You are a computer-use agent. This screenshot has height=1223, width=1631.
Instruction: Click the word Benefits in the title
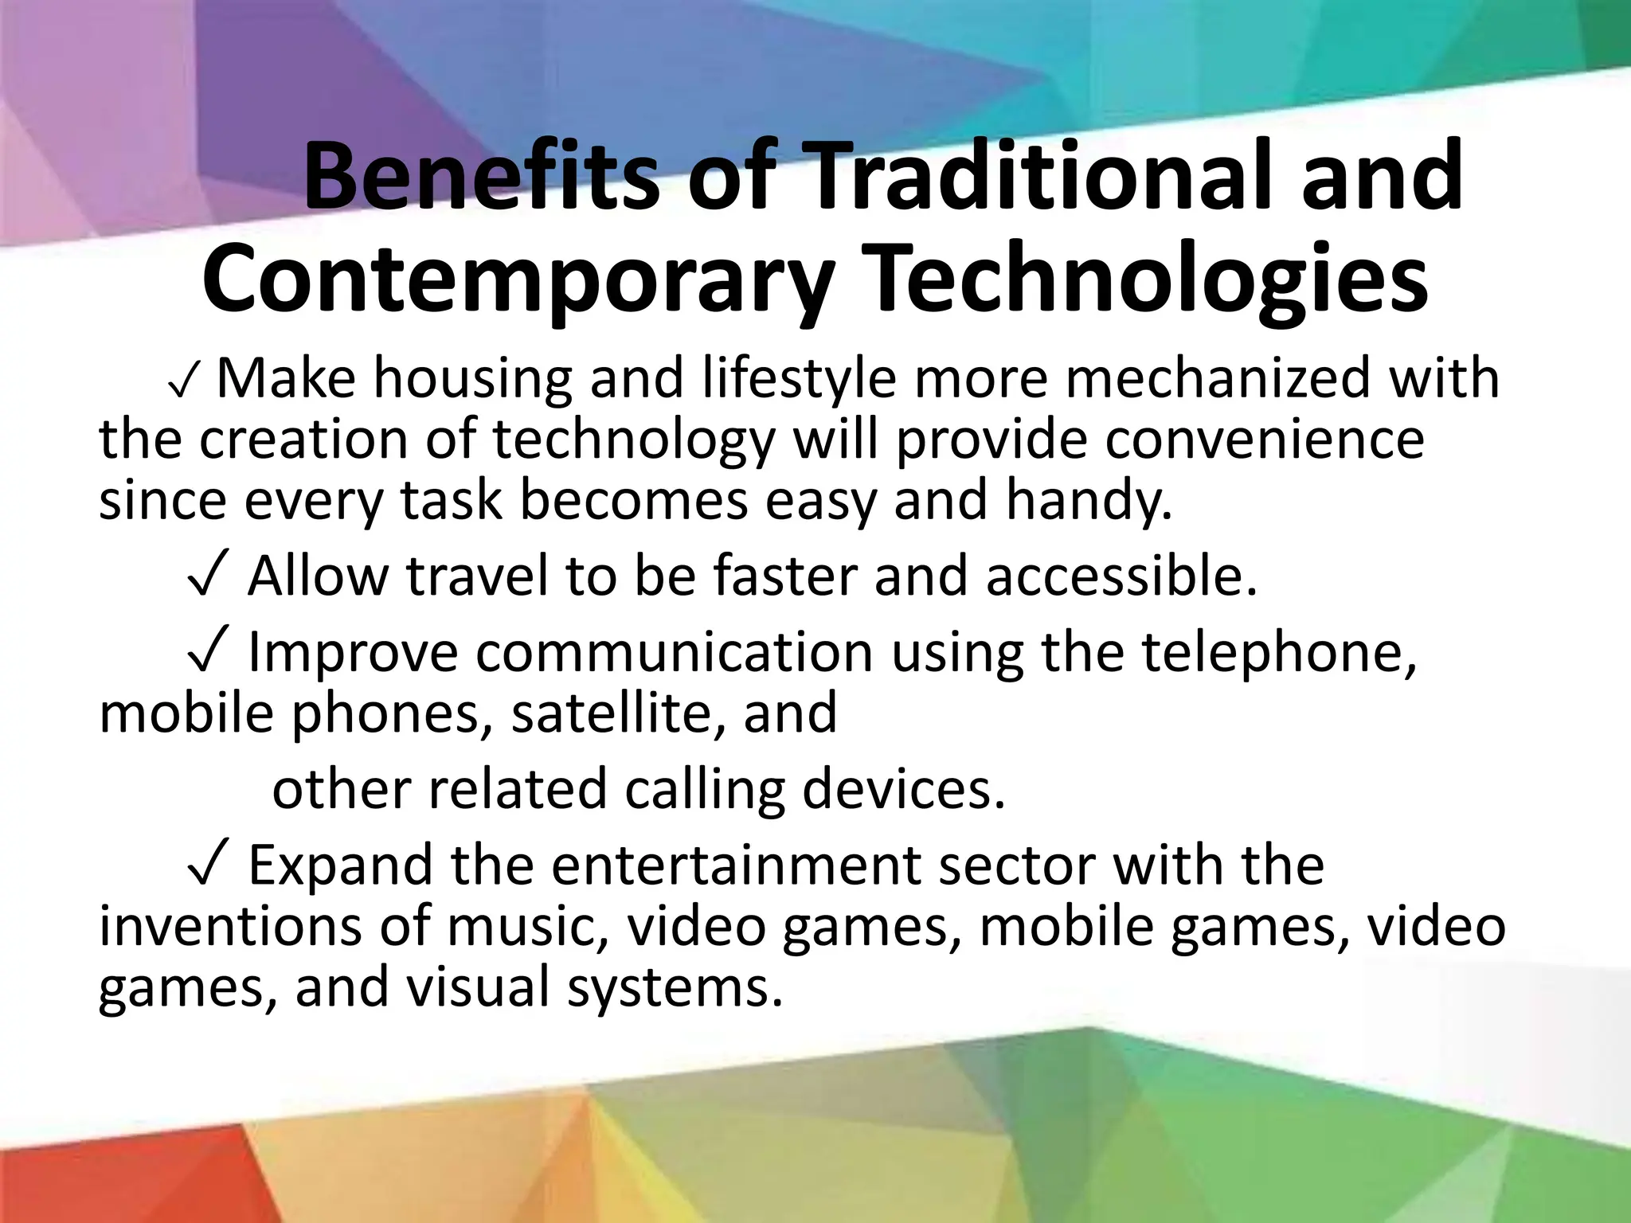click(482, 177)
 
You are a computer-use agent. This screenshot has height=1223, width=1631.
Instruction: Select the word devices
click(903, 789)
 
